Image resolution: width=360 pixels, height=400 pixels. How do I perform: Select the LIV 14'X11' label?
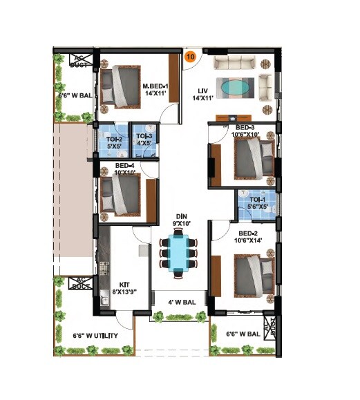[204, 94]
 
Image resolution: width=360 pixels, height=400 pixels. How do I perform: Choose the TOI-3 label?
[144, 140]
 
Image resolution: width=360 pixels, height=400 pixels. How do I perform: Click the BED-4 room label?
[124, 169]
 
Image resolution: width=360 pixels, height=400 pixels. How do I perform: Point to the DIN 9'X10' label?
[180, 220]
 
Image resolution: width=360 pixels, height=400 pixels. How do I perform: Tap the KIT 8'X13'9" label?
[125, 288]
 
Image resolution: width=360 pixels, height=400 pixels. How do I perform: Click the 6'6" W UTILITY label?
[95, 336]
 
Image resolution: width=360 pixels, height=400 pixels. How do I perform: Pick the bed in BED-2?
[252, 274]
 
